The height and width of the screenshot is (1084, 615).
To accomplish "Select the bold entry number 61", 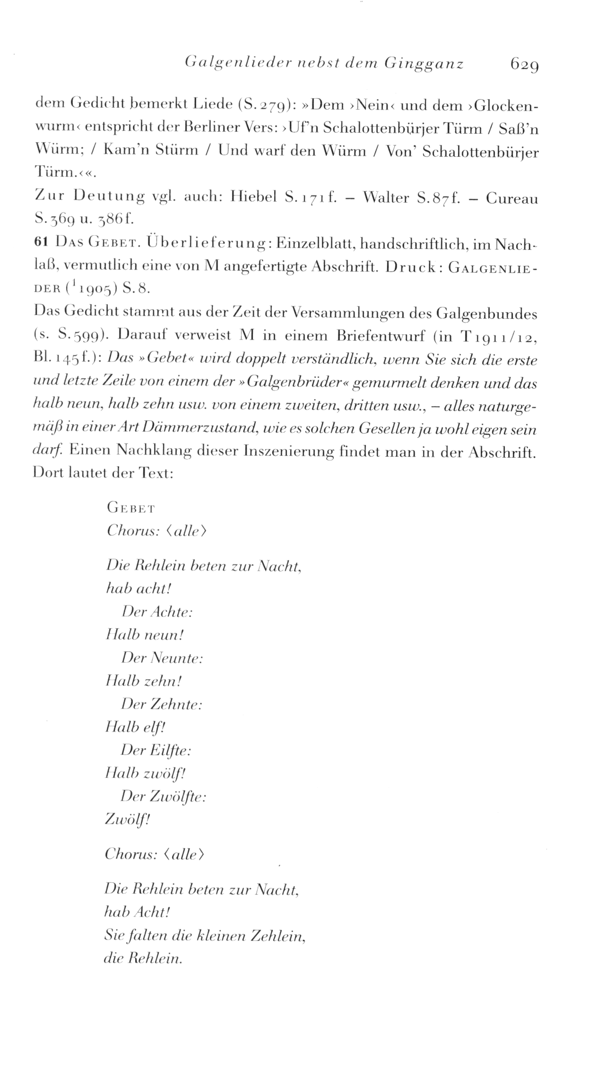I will [x=41, y=242].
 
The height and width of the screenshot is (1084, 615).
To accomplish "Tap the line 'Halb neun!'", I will [x=145, y=635].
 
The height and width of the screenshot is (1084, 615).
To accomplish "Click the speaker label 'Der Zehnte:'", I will [x=161, y=704].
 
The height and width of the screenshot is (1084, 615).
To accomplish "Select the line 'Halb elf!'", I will [x=136, y=727].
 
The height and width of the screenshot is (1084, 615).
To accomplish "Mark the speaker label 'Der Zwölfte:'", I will [x=164, y=797].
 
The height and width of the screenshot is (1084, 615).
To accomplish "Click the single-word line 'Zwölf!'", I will [x=127, y=820].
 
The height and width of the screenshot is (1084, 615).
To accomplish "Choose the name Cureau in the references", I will [x=511, y=199].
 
